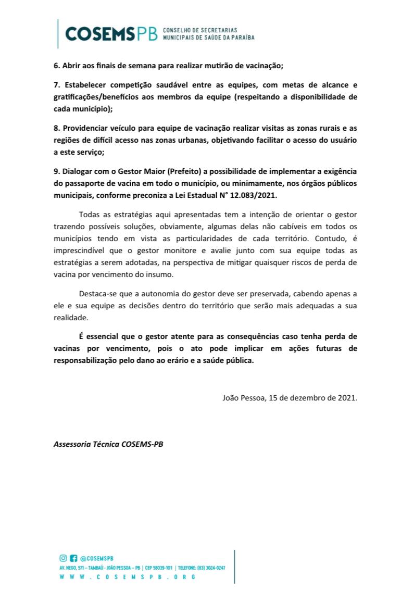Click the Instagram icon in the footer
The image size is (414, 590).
pos(63,558)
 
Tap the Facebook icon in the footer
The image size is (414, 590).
pos(73,558)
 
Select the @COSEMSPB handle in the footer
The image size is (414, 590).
pos(94,558)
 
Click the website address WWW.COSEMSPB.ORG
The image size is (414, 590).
pos(128,578)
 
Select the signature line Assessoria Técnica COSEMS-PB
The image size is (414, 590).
pos(108,444)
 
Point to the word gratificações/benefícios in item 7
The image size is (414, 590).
pos(94,97)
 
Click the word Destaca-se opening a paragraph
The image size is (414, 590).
pos(98,294)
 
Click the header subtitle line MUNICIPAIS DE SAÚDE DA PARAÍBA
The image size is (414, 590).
pos(209,38)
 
